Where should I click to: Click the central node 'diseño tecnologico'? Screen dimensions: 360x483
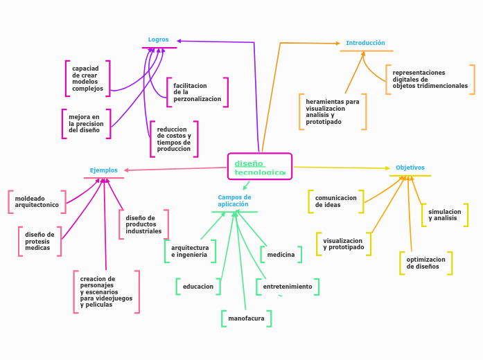(x=259, y=167)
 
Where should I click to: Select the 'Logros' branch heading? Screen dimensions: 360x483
(x=159, y=40)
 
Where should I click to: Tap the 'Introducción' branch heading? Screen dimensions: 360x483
(x=365, y=43)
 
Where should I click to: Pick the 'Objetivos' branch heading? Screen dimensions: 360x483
(x=410, y=168)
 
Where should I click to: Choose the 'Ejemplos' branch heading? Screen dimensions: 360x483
(x=104, y=170)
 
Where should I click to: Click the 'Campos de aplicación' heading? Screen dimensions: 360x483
(x=234, y=201)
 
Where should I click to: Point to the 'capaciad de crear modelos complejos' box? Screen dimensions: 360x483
(x=88, y=79)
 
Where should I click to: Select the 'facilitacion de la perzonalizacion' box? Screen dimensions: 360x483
(x=197, y=92)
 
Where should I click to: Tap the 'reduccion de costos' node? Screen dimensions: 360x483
(x=174, y=139)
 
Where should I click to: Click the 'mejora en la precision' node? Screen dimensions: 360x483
(x=87, y=124)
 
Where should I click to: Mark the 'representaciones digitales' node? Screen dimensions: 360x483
(x=430, y=80)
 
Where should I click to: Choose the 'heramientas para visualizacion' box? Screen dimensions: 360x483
(x=333, y=111)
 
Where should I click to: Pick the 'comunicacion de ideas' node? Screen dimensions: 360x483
(x=336, y=201)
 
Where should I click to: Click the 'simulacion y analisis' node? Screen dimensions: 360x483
(x=444, y=215)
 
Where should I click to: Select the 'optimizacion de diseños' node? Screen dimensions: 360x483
(x=425, y=263)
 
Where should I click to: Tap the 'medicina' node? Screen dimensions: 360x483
(x=281, y=255)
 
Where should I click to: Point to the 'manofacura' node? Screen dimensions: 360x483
(x=246, y=318)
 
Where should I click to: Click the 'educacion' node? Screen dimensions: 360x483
(x=198, y=287)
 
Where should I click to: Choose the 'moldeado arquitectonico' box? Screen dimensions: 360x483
(x=37, y=202)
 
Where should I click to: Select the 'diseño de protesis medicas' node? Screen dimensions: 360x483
(x=39, y=242)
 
